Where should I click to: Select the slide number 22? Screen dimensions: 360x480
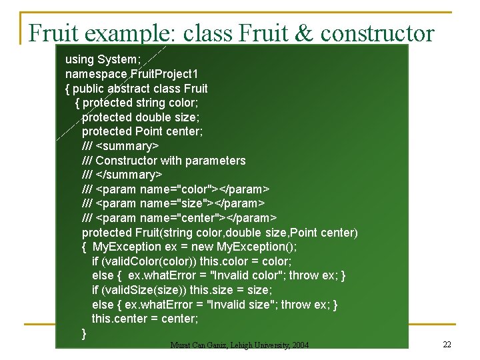447,344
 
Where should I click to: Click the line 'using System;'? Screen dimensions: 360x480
103,59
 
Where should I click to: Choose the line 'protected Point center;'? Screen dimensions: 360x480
142,131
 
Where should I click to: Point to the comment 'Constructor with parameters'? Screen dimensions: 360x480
171,161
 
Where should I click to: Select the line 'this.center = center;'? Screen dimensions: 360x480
145,319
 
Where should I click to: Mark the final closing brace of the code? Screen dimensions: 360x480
84,333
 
